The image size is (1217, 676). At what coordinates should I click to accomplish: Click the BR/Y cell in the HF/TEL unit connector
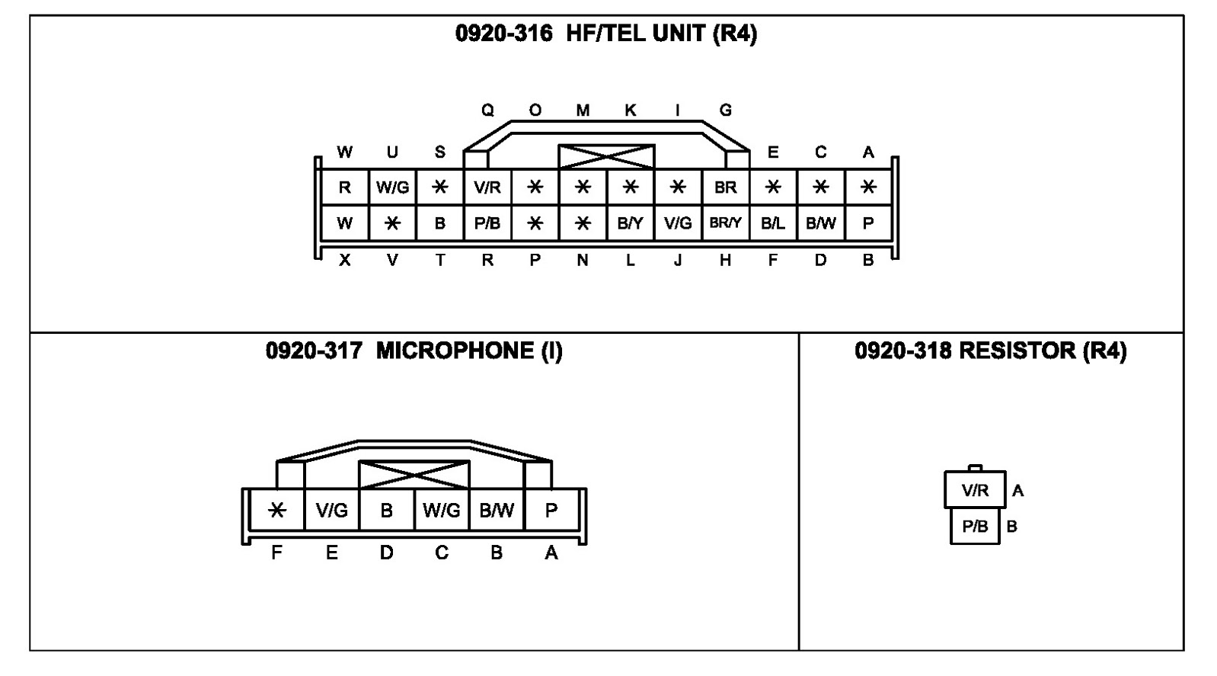[725, 223]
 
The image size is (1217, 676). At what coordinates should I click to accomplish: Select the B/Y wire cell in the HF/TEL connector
[630, 223]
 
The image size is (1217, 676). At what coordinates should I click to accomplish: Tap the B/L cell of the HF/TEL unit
[773, 223]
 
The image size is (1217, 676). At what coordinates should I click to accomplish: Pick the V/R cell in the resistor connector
[975, 490]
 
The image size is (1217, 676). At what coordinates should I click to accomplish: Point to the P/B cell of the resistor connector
[975, 527]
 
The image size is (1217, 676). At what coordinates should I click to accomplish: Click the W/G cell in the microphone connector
[442, 510]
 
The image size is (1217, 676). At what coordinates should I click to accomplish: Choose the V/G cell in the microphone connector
[332, 510]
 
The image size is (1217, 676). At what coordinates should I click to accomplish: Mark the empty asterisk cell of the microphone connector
[276, 510]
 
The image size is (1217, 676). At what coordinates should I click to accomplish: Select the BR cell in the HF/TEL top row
[725, 187]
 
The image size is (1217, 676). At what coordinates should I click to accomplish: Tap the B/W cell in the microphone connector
[497, 510]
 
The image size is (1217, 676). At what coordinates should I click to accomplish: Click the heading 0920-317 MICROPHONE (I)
[414, 351]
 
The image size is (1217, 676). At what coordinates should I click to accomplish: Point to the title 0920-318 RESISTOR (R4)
[990, 351]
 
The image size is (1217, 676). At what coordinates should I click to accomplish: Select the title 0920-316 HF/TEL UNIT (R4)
[606, 34]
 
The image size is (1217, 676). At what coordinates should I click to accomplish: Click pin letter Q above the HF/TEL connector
[487, 111]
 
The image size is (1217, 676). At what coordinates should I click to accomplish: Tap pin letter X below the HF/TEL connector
[345, 261]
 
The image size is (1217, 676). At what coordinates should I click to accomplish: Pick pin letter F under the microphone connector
[276, 553]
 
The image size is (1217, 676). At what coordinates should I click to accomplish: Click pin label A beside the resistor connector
[1018, 492]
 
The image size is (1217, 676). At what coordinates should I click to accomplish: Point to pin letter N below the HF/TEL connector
[583, 261]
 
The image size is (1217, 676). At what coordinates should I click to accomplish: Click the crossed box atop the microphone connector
[414, 474]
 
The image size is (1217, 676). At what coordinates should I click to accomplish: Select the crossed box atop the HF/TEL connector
[606, 156]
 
